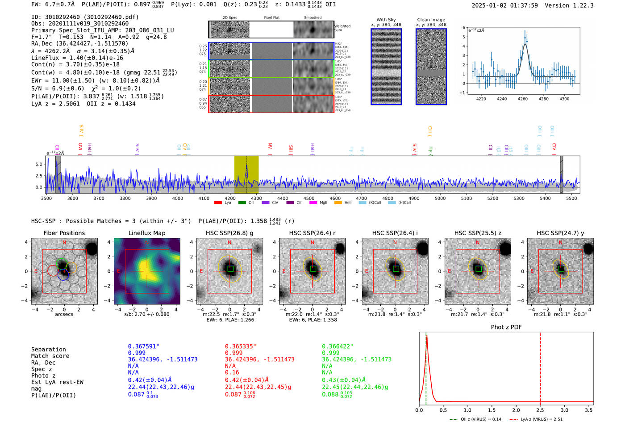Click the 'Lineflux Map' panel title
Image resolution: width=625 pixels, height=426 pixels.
146,233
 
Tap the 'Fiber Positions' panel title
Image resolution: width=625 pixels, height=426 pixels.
64,233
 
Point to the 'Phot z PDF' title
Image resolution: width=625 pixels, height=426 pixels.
506,327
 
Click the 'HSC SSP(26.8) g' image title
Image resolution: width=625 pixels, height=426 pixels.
229,233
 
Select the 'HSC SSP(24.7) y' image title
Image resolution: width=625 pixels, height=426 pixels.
560,233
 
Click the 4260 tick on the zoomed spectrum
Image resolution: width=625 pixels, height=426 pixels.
523,99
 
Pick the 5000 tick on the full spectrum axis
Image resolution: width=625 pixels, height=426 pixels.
440,198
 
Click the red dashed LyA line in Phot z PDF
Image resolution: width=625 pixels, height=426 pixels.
541,367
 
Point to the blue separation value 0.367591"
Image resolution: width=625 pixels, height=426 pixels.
143,346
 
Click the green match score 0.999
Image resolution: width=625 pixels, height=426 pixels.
330,353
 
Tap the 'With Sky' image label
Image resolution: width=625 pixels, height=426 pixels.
386,20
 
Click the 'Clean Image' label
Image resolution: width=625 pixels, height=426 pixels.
431,20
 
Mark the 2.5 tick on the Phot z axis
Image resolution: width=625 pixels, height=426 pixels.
540,410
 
